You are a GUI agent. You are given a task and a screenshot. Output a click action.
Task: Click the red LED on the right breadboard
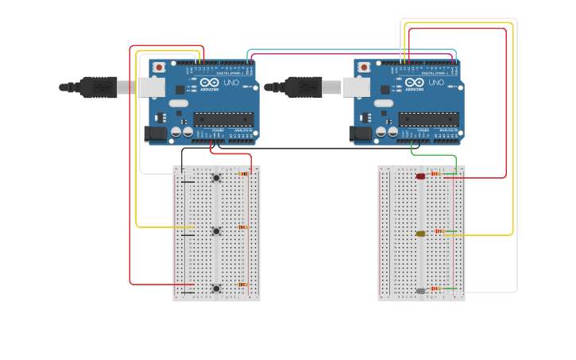pos(420,176)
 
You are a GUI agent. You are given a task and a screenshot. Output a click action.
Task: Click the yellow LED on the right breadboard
pos(420,234)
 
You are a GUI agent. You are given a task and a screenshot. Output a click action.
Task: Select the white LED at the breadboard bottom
pos(420,291)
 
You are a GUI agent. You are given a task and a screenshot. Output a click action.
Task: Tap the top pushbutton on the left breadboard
pos(215,178)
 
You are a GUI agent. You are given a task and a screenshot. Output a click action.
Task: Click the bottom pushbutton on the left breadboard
pos(215,288)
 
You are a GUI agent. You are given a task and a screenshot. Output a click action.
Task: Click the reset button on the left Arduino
pos(159,68)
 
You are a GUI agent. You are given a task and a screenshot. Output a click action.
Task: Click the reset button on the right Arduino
pos(364,68)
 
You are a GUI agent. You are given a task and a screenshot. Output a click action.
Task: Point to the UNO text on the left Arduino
pos(231,83)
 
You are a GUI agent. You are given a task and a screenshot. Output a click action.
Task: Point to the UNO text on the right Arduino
pos(436,83)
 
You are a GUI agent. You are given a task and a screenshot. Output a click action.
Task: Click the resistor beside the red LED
pos(436,173)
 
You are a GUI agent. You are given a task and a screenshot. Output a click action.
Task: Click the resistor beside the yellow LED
pos(439,230)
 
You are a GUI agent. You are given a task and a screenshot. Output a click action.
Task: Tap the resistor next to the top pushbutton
pos(244,173)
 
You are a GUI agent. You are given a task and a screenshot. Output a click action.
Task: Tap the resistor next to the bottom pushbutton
pos(243,284)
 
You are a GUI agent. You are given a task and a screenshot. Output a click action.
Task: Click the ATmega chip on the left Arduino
pos(223,119)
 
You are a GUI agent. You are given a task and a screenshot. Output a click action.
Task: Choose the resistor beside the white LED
pos(436,288)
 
